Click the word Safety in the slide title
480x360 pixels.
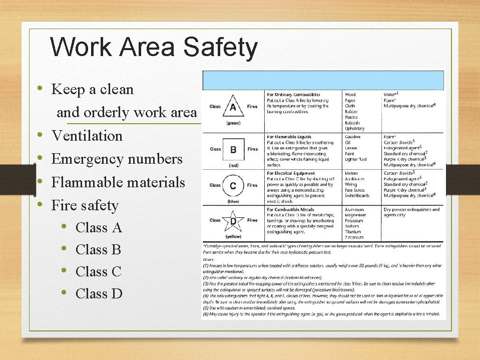pyautogui.click(x=220, y=48)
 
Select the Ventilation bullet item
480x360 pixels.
pyautogui.click(x=87, y=136)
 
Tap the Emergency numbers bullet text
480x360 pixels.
pyautogui.click(x=117, y=159)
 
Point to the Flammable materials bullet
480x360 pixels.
pyautogui.click(x=118, y=182)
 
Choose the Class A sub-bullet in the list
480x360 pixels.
pyautogui.click(x=99, y=228)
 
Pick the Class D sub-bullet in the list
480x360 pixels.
pyautogui.click(x=99, y=293)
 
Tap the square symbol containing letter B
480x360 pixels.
pyautogui.click(x=233, y=149)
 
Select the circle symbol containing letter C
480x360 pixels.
pyautogui.click(x=233, y=185)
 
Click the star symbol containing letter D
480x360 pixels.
pyautogui.click(x=233, y=220)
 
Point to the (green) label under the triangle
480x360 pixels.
pyautogui.click(x=233, y=123)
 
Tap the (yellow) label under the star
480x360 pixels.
pyautogui.click(x=233, y=236)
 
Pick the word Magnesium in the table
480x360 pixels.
pyautogui.click(x=355, y=215)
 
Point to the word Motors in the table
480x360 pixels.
pyautogui.click(x=352, y=174)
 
